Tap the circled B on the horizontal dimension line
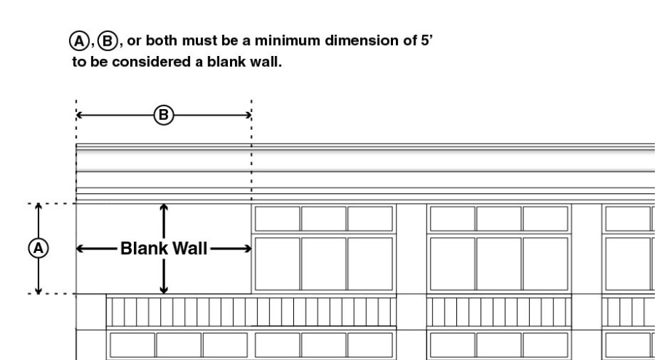(164, 114)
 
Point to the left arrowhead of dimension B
(79, 114)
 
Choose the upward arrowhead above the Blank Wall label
(164, 208)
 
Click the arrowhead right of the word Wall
(247, 249)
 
